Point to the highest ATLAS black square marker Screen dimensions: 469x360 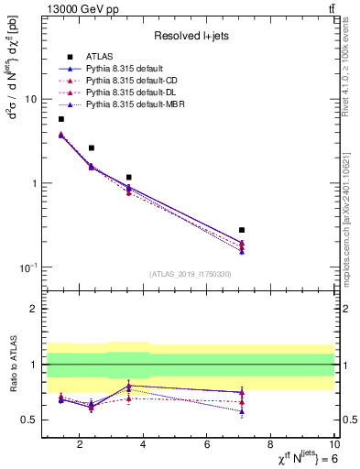pos(61,119)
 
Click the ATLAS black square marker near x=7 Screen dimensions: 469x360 pos(242,230)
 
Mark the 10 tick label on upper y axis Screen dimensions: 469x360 pos(31,99)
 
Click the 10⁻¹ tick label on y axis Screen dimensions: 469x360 pos(27,267)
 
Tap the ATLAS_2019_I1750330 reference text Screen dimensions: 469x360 pos(190,274)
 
